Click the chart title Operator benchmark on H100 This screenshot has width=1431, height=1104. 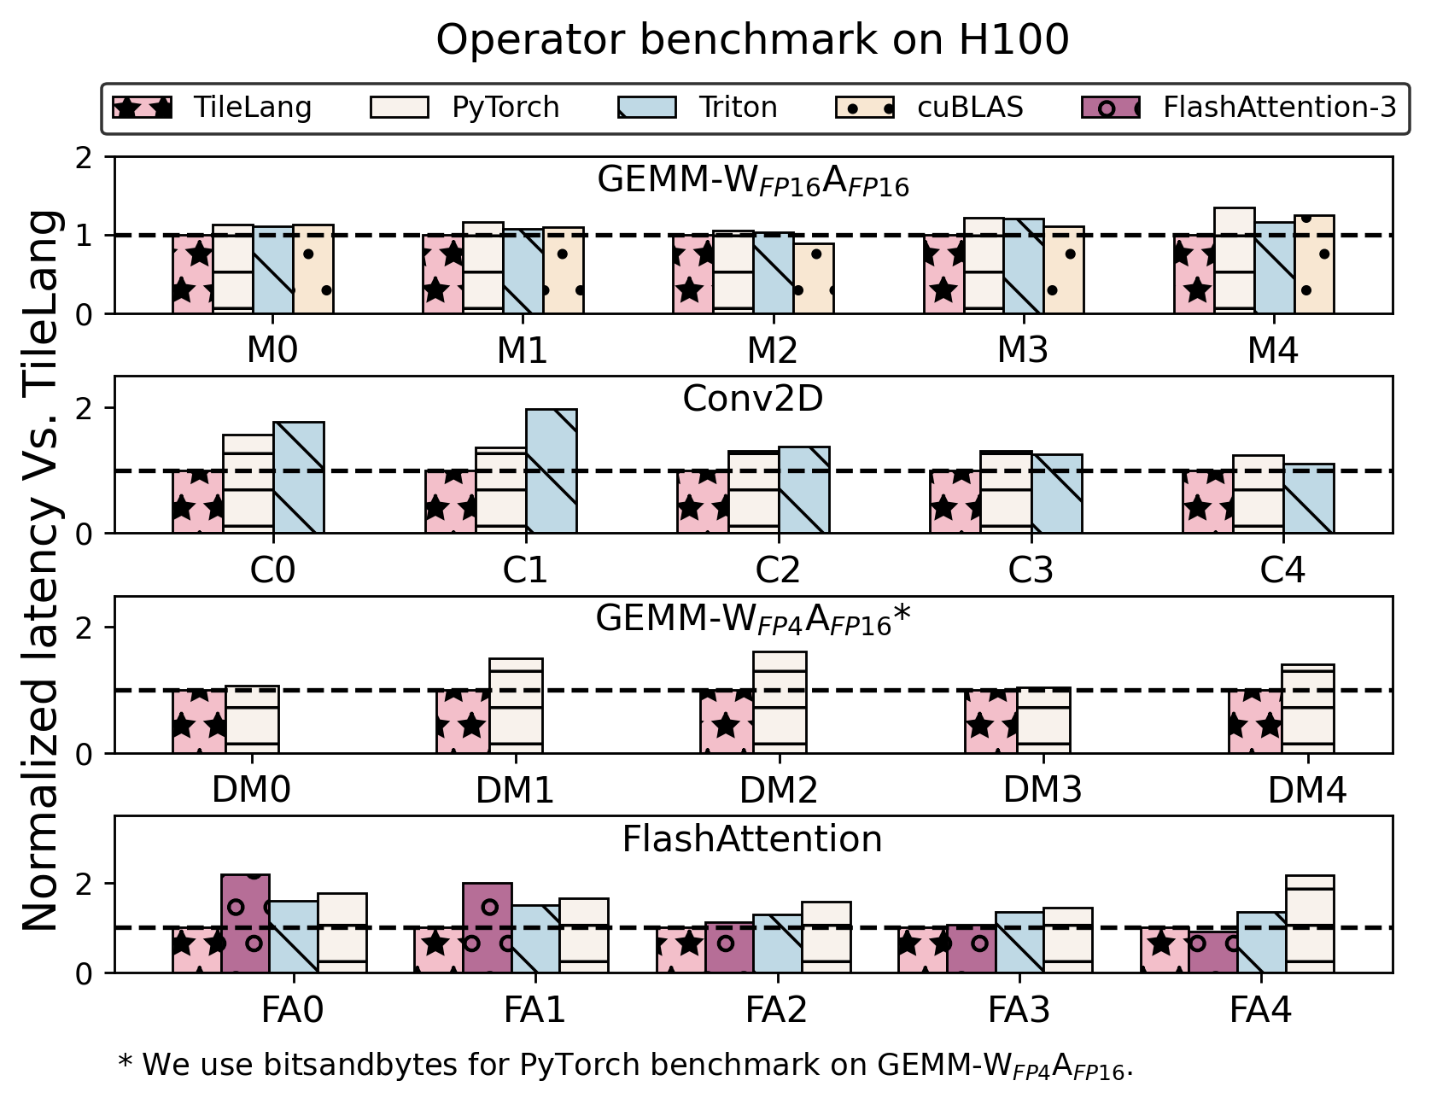751,40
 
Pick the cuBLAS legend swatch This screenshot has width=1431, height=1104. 864,108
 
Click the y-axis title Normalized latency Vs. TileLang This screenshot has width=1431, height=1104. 41,570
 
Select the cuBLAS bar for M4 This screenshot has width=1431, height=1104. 1313,265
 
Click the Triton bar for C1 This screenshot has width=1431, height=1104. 551,471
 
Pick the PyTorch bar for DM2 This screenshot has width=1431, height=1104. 779,702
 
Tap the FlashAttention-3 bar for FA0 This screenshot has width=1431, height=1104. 245,924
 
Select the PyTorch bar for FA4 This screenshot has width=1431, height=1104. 1309,925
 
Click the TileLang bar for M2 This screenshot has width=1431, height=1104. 692,274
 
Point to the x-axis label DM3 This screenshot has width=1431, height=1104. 1042,791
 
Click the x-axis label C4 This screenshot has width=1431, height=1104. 1282,570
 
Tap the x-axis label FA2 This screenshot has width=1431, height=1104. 775,1011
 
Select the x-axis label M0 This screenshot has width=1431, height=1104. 272,350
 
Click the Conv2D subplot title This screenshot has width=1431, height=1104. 752,399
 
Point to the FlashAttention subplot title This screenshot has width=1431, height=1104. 751,839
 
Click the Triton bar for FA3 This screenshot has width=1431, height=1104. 1019,943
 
